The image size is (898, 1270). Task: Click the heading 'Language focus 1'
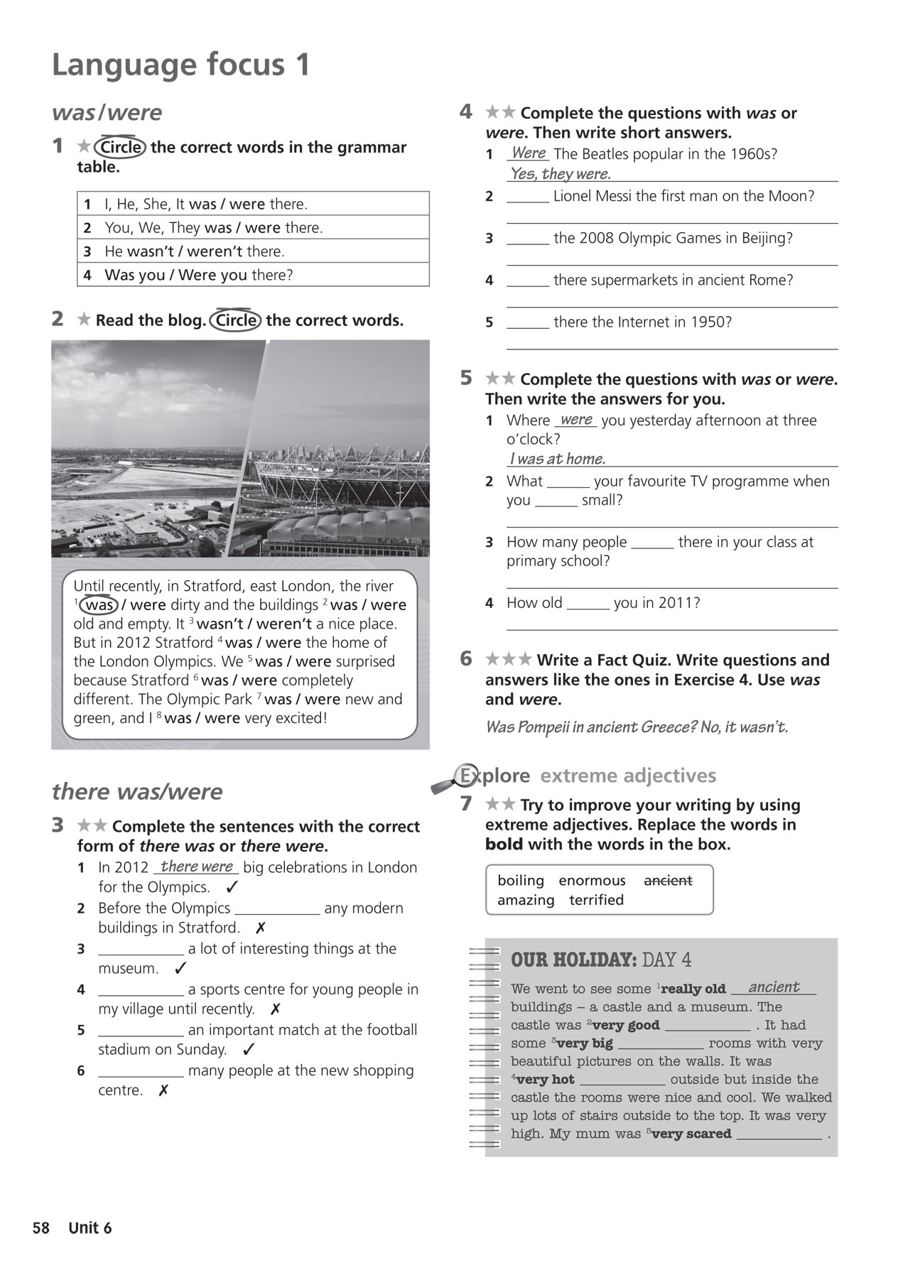[x=181, y=65]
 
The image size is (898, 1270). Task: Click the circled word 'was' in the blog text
[x=99, y=605]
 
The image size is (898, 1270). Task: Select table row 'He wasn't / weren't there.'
[x=253, y=251]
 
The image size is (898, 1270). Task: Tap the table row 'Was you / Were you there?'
[x=253, y=275]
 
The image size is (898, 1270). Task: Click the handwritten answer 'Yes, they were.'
[x=561, y=174]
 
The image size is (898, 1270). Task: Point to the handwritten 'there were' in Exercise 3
[x=197, y=867]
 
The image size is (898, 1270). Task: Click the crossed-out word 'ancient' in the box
[x=667, y=881]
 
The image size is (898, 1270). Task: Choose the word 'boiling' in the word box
[x=521, y=881]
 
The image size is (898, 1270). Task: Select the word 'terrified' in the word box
[x=596, y=900]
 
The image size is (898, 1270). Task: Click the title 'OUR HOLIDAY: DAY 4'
[x=600, y=960]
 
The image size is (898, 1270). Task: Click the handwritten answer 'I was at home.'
[x=557, y=459]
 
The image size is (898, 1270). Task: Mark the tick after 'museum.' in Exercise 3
[x=180, y=968]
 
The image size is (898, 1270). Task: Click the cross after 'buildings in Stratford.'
[x=260, y=928]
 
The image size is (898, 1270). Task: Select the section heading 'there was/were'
[x=137, y=791]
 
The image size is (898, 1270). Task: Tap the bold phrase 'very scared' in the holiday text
[x=691, y=1134]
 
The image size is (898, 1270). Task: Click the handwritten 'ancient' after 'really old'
[x=774, y=987]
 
